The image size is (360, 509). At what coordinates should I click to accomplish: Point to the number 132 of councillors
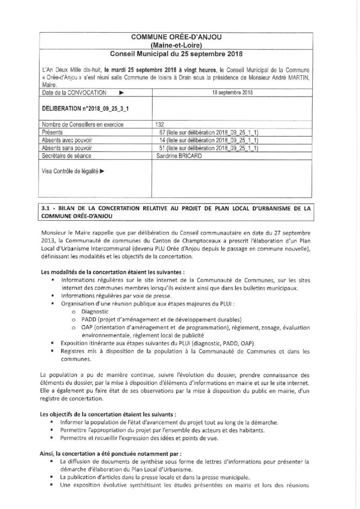pos(160,124)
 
